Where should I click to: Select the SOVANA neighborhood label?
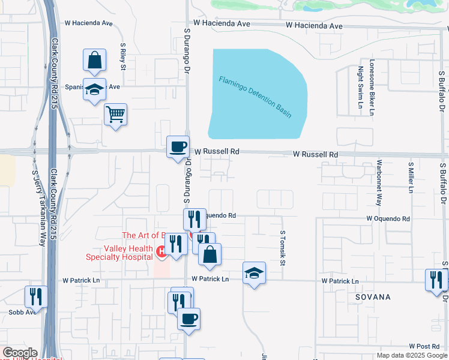coord(372,297)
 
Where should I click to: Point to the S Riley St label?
coord(122,56)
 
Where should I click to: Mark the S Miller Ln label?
coord(411,177)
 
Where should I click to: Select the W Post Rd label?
coord(425,347)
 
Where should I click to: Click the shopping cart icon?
coord(115,113)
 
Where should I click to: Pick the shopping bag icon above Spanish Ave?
coord(94,59)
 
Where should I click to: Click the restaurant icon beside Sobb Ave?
coord(36,296)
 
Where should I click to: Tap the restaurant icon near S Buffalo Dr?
coord(436,280)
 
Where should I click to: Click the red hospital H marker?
coord(160,251)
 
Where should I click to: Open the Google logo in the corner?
coord(20,353)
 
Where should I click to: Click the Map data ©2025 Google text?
coord(411,355)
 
